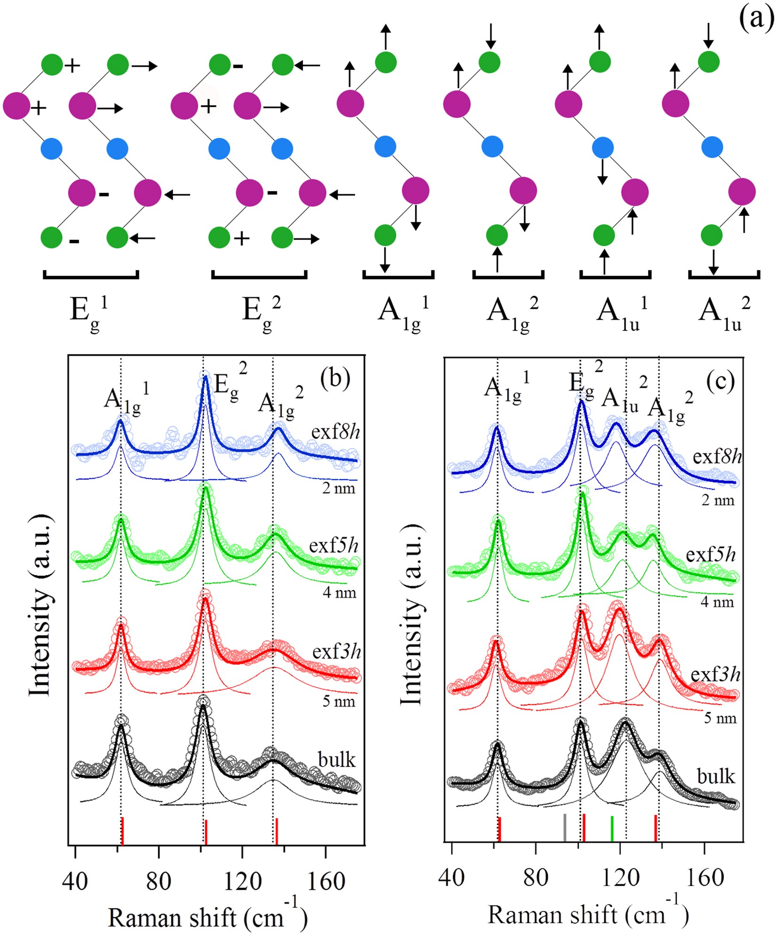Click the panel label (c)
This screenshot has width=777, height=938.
click(720, 382)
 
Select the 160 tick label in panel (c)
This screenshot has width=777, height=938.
click(704, 877)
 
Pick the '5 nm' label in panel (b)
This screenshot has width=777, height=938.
click(339, 701)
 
